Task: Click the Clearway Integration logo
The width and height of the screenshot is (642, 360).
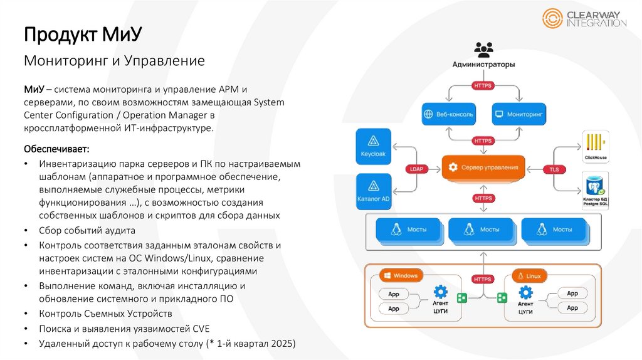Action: pos(584,18)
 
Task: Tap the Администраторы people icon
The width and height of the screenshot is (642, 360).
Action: pos(483,50)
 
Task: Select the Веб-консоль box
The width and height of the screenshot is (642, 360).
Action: pos(448,115)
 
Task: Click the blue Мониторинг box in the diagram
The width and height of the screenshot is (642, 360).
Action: pos(520,115)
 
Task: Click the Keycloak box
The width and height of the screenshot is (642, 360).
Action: pos(374,147)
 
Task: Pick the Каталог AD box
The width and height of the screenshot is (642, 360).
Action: pos(374,191)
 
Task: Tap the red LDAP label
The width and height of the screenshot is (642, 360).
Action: pos(417,169)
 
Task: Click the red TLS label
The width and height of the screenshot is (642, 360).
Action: pos(554,169)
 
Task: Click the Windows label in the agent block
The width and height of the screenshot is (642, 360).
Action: pos(401,275)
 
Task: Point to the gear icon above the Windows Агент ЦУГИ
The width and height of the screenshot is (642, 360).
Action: pos(441,292)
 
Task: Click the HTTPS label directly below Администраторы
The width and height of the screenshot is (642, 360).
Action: pos(483,85)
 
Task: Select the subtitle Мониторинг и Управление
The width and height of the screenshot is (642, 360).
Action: pos(115,61)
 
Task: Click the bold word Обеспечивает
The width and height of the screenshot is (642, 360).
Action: pos(56,149)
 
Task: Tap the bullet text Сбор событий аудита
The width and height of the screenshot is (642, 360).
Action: pos(87,230)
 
